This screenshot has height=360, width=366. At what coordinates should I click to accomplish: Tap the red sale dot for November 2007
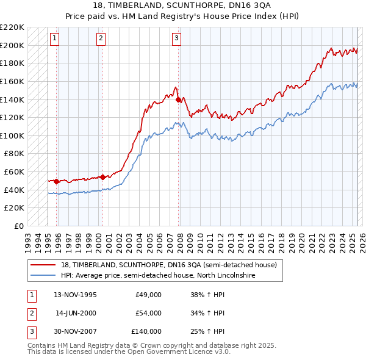click(x=178, y=99)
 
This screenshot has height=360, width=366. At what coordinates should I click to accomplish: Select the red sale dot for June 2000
click(x=103, y=177)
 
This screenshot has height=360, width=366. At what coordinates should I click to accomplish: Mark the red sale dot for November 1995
click(x=57, y=181)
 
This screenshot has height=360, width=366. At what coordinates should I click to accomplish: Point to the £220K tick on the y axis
click(x=13, y=27)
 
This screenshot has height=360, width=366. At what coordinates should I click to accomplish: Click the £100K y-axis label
click(x=13, y=135)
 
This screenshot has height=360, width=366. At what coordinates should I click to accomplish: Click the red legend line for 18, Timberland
click(x=43, y=265)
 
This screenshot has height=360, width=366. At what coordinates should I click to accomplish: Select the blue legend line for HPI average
click(x=43, y=275)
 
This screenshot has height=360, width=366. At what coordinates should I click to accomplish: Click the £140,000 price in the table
click(x=146, y=331)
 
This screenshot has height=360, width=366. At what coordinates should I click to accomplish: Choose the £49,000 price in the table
click(x=148, y=295)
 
